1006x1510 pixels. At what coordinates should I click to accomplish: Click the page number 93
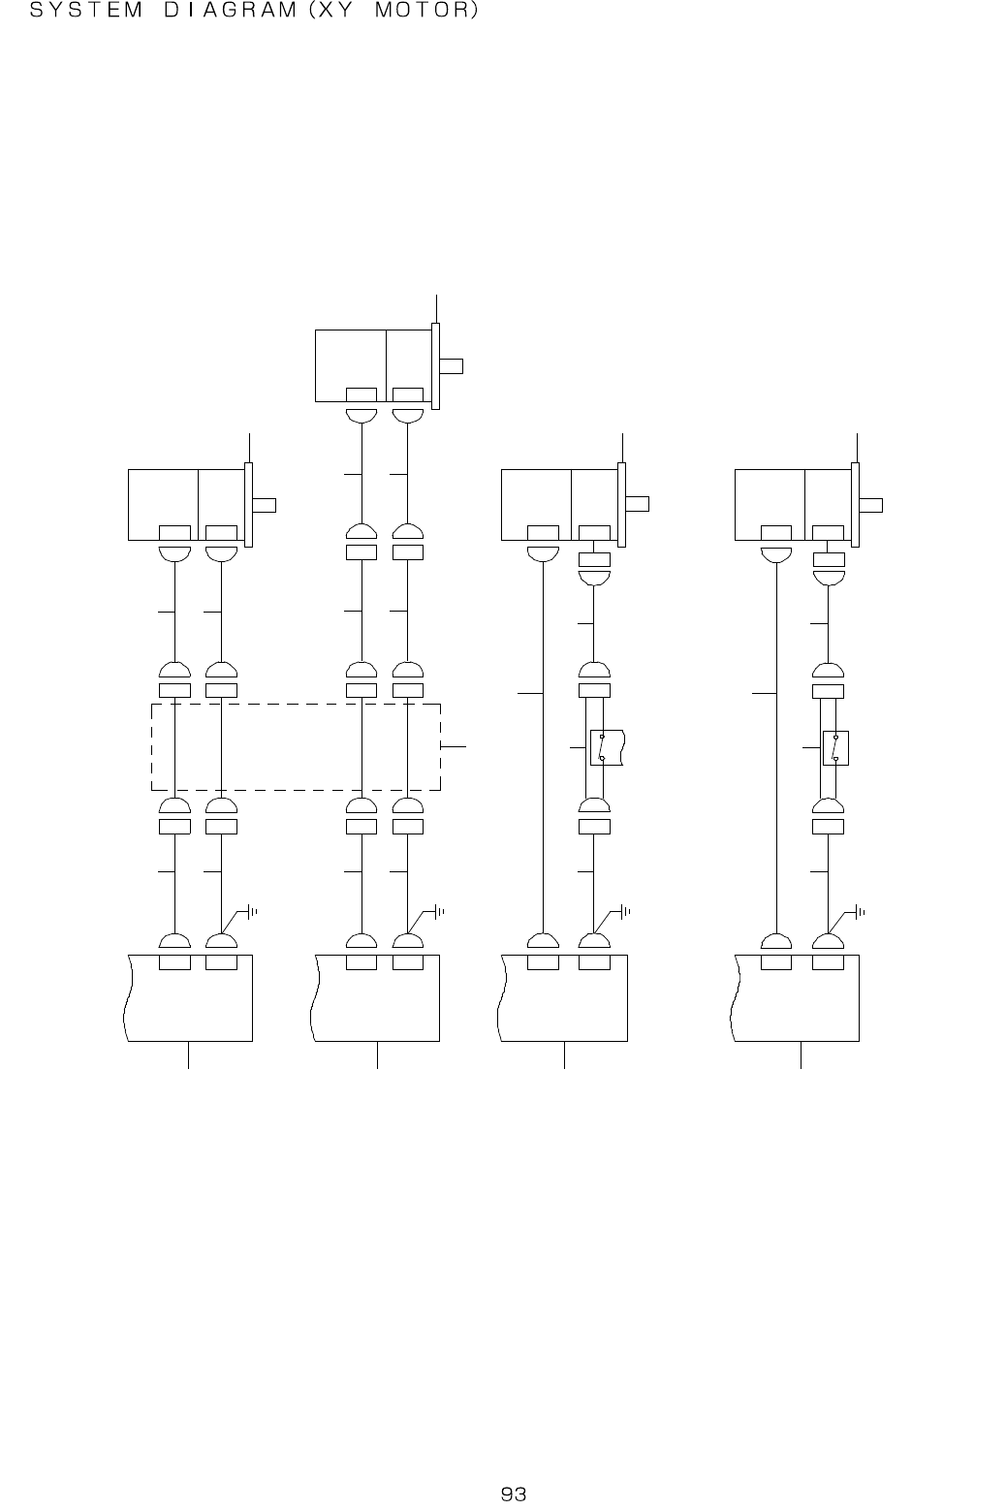tap(513, 1494)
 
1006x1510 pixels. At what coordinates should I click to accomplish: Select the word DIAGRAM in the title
tap(230, 10)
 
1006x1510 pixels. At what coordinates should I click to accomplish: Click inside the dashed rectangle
tap(296, 747)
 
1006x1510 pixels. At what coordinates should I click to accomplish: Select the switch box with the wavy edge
tap(607, 747)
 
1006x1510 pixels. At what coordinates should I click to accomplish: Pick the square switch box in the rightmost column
tap(835, 748)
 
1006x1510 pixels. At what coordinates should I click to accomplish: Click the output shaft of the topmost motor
tap(451, 366)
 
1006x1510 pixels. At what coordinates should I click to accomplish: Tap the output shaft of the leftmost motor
tap(265, 505)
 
